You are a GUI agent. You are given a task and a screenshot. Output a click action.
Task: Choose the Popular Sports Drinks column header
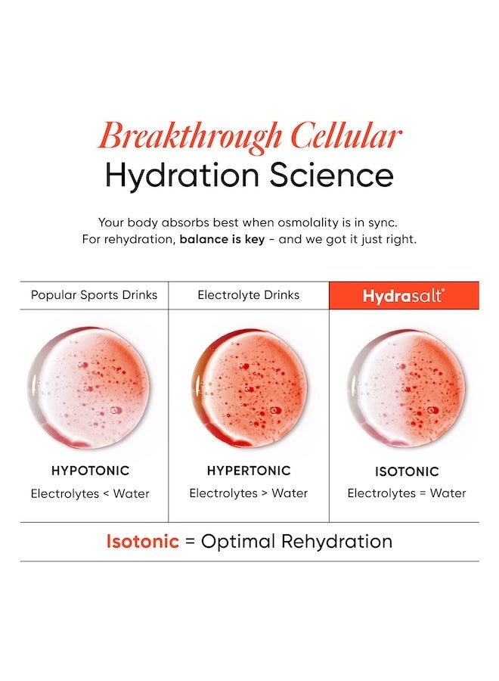[95, 295]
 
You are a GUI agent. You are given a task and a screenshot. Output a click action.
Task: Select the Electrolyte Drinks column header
[249, 295]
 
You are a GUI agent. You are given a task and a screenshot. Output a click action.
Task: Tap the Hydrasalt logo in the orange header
[404, 296]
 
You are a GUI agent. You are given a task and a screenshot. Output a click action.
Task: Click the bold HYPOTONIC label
[91, 471]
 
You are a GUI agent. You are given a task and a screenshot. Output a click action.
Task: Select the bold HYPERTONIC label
[249, 471]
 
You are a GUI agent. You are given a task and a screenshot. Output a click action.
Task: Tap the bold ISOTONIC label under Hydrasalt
[407, 471]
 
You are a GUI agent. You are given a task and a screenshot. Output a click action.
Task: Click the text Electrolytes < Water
[91, 493]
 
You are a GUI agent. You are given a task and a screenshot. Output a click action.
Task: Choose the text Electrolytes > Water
[249, 493]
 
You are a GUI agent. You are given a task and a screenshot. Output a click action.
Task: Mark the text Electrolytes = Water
[407, 493]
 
